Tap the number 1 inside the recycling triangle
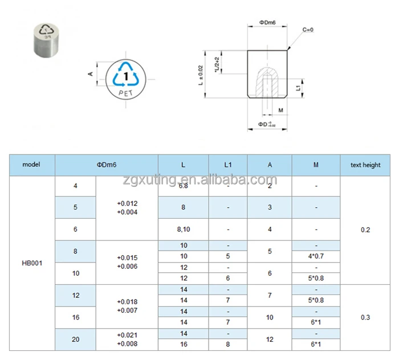click(126, 75)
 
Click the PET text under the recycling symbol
click(126, 91)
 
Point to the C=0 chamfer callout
click(308, 29)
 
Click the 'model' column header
click(31, 165)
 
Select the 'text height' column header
click(365, 165)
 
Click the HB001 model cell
click(31, 263)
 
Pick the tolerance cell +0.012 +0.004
click(127, 207)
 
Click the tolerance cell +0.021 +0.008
click(127, 339)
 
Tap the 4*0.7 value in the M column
click(316, 256)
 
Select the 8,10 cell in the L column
click(183, 229)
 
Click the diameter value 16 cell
click(76, 317)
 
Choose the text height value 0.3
click(365, 317)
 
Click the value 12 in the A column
click(270, 339)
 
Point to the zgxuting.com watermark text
click(199, 181)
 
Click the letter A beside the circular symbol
click(91, 74)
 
